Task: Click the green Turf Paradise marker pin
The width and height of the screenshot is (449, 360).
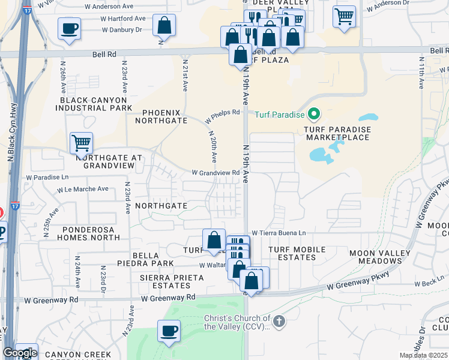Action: [313, 113]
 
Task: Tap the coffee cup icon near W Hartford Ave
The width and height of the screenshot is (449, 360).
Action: [70, 28]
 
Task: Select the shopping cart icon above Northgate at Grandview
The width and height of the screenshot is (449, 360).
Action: [81, 143]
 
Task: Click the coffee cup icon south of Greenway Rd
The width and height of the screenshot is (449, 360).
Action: [169, 331]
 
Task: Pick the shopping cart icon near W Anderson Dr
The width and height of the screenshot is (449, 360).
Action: [344, 17]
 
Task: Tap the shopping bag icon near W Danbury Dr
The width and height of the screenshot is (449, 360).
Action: [164, 26]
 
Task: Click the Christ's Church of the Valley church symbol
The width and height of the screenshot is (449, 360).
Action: [279, 323]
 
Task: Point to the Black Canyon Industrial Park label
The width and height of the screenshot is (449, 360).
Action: [93, 104]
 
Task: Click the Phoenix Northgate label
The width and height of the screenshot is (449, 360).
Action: [165, 116]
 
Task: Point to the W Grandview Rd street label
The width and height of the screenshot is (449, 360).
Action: [215, 173]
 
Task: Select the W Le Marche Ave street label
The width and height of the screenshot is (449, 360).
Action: [83, 189]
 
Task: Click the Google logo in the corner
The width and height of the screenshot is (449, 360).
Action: [20, 353]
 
